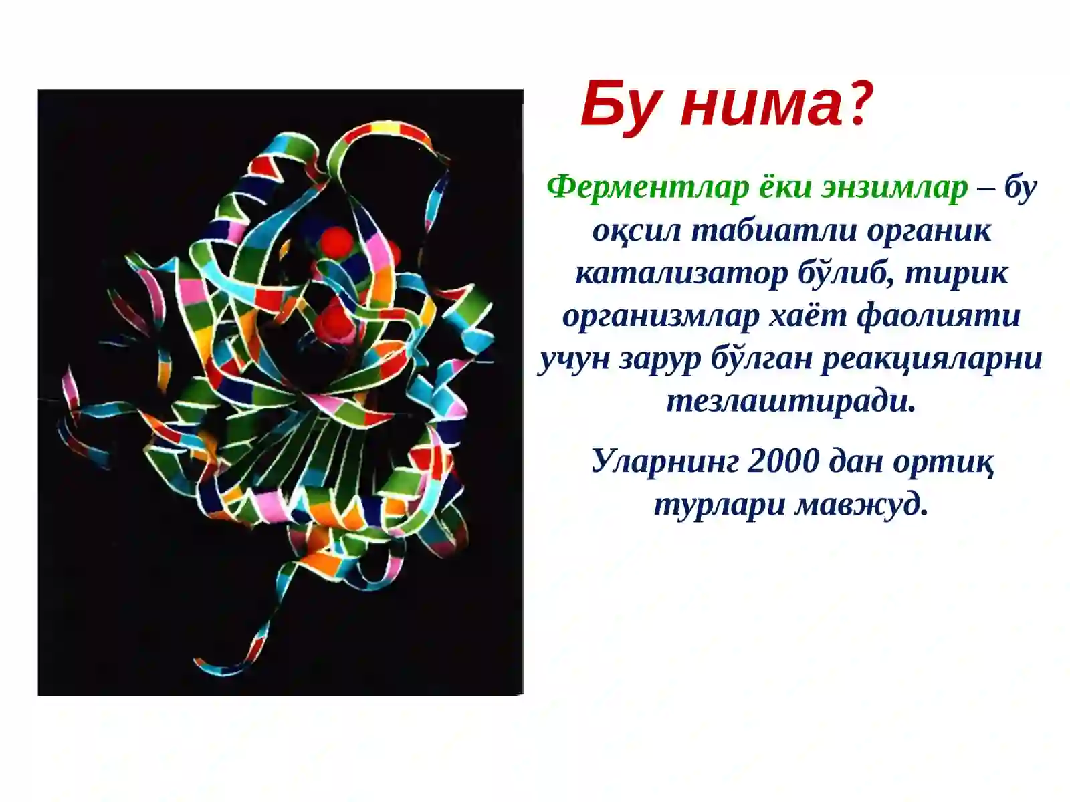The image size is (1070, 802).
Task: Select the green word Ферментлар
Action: click(647, 188)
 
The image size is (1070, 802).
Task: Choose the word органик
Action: click(929, 231)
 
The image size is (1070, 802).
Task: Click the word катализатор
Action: click(681, 273)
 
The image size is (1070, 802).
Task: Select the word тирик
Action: click(956, 273)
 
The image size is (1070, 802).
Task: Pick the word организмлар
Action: click(661, 316)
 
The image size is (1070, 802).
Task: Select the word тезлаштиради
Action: click(791, 402)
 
